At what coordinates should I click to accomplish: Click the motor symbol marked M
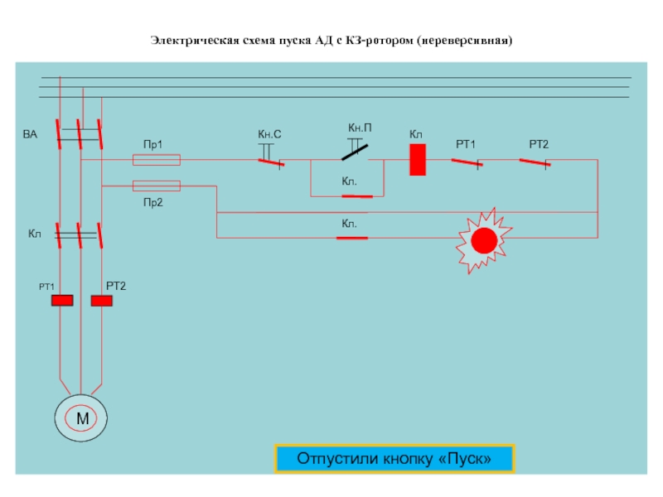click(80, 418)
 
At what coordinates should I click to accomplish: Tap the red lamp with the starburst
click(484, 240)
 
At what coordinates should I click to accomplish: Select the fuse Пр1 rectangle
click(157, 160)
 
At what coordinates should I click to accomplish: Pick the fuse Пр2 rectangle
click(157, 186)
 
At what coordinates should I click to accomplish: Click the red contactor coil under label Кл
click(418, 160)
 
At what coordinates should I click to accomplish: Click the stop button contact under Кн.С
click(271, 162)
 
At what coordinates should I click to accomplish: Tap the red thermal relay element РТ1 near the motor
click(62, 301)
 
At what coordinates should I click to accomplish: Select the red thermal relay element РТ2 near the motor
click(101, 301)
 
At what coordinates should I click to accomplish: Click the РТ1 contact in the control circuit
click(467, 162)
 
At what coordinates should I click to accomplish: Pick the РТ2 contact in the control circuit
click(535, 162)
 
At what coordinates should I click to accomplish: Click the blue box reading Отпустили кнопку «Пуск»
click(394, 459)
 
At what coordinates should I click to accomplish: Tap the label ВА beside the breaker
click(30, 134)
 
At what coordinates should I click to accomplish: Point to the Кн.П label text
click(360, 128)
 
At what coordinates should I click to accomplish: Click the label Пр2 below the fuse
click(153, 202)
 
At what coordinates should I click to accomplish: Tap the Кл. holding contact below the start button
click(357, 196)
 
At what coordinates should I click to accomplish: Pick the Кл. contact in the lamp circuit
click(352, 239)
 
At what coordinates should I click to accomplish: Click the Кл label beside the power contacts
click(35, 234)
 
